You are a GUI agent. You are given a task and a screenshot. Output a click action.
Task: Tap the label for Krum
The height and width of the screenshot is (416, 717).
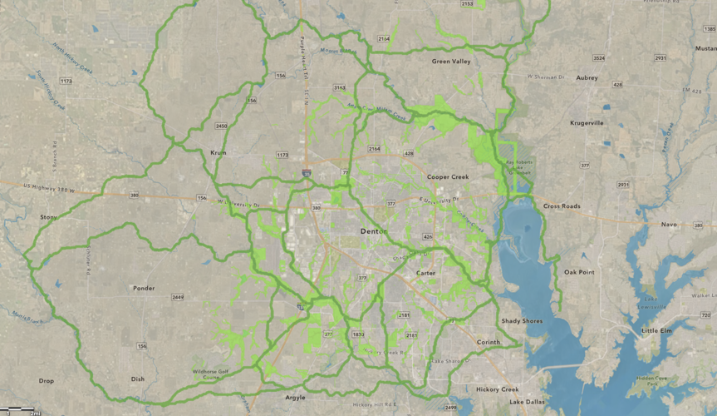coord(219,153)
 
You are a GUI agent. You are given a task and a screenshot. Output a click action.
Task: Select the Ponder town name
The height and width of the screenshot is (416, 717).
coord(144,289)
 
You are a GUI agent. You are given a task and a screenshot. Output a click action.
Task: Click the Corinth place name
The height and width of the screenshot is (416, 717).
coord(489,342)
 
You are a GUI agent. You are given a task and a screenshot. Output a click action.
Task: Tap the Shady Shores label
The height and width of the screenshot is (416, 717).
coord(522,321)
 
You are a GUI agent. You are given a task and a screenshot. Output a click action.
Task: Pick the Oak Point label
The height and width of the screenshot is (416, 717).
coord(579,272)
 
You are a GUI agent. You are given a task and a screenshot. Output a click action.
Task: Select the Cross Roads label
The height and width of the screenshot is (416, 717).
coord(562,206)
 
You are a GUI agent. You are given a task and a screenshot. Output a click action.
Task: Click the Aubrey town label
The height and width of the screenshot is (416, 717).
coord(587,77)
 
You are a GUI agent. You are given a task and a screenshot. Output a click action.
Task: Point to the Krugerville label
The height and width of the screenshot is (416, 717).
coord(587,122)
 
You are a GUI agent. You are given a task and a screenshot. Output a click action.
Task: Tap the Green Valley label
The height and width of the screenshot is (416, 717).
coord(451,61)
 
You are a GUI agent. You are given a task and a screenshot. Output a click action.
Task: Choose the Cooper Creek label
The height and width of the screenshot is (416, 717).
coord(448,176)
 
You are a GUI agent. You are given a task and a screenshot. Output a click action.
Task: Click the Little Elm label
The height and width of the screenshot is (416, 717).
coord(656,330)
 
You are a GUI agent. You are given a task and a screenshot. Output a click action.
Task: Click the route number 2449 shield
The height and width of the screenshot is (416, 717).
coord(177,297)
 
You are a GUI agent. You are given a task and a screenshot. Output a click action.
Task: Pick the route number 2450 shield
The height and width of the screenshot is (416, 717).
coord(221,126)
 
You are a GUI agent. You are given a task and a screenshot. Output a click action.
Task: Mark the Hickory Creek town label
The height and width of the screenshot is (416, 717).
coord(498,389)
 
